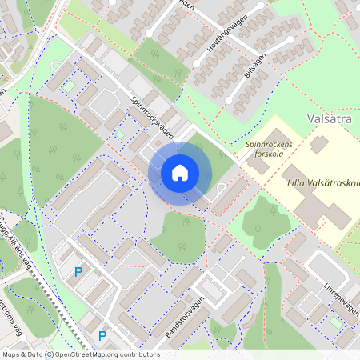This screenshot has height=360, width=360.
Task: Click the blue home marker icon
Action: coord(180,173)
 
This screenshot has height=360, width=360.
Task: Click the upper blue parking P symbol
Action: coord(78,272)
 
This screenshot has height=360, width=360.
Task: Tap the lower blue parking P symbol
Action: coord(102,335)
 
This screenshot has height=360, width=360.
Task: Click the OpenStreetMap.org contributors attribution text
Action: coord(111,354)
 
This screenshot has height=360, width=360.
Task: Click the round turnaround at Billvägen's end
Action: coord(230,100)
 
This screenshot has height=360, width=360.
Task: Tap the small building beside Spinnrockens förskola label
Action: coord(319,145)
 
